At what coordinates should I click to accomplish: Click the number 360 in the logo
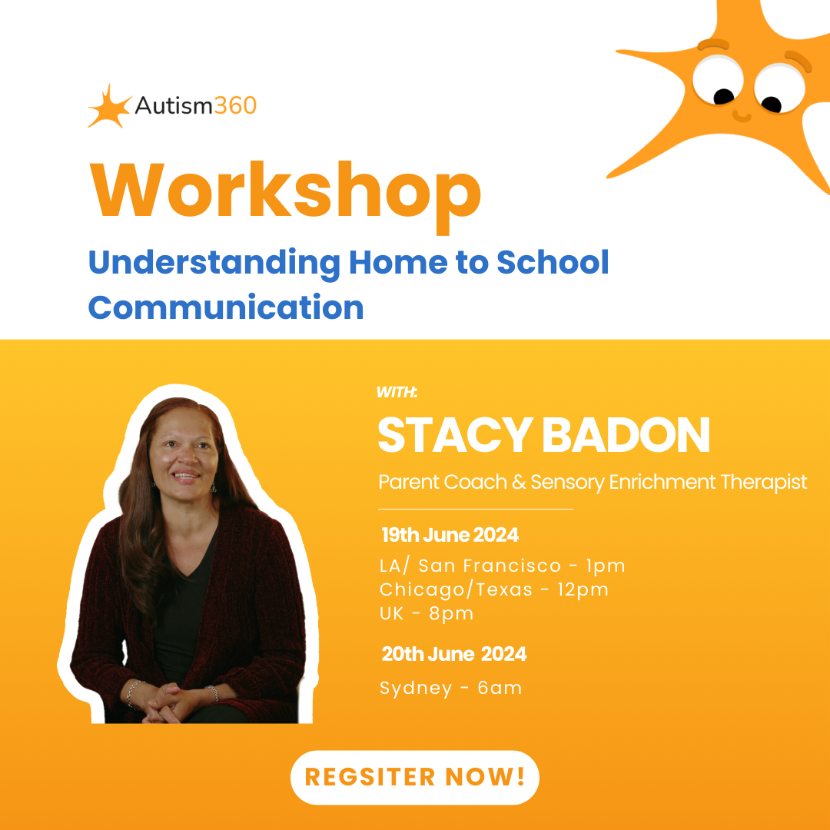pos(235,105)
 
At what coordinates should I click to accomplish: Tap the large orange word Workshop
pos(285,190)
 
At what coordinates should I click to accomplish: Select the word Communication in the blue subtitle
pos(226,308)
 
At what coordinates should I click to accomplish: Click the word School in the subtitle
pos(553,262)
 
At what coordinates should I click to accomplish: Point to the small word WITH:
pos(397,393)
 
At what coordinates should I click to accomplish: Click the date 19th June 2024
pos(450,535)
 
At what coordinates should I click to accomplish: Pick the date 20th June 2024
pos(453,654)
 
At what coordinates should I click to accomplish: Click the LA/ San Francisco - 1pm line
pos(502,566)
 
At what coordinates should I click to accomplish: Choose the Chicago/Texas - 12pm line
pos(493,589)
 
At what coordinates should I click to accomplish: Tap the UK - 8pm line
pos(427,613)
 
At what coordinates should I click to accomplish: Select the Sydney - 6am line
pos(450,688)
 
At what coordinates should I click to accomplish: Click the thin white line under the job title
pos(476,509)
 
